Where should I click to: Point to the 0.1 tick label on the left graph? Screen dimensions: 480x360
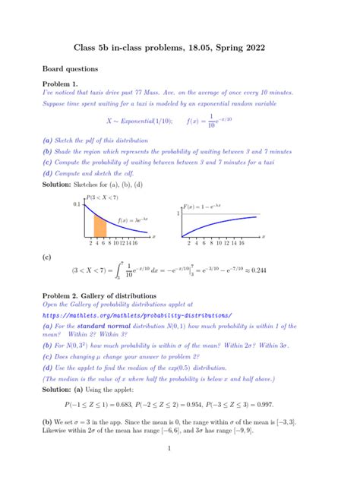[x=77, y=205]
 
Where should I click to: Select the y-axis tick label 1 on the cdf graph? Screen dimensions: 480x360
[x=179, y=214]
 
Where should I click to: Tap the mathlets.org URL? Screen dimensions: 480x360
[x=137, y=315]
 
